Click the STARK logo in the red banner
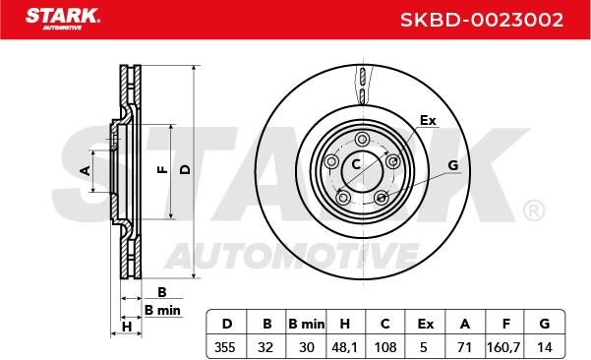tap(62, 19)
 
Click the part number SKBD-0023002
tap(482, 20)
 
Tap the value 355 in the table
tap(225, 347)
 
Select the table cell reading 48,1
tap(344, 347)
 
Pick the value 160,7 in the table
tap(503, 347)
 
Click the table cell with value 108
tap(385, 347)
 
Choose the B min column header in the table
tap(306, 324)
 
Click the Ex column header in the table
tap(426, 324)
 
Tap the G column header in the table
tap(544, 324)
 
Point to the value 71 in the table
tap(464, 347)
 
